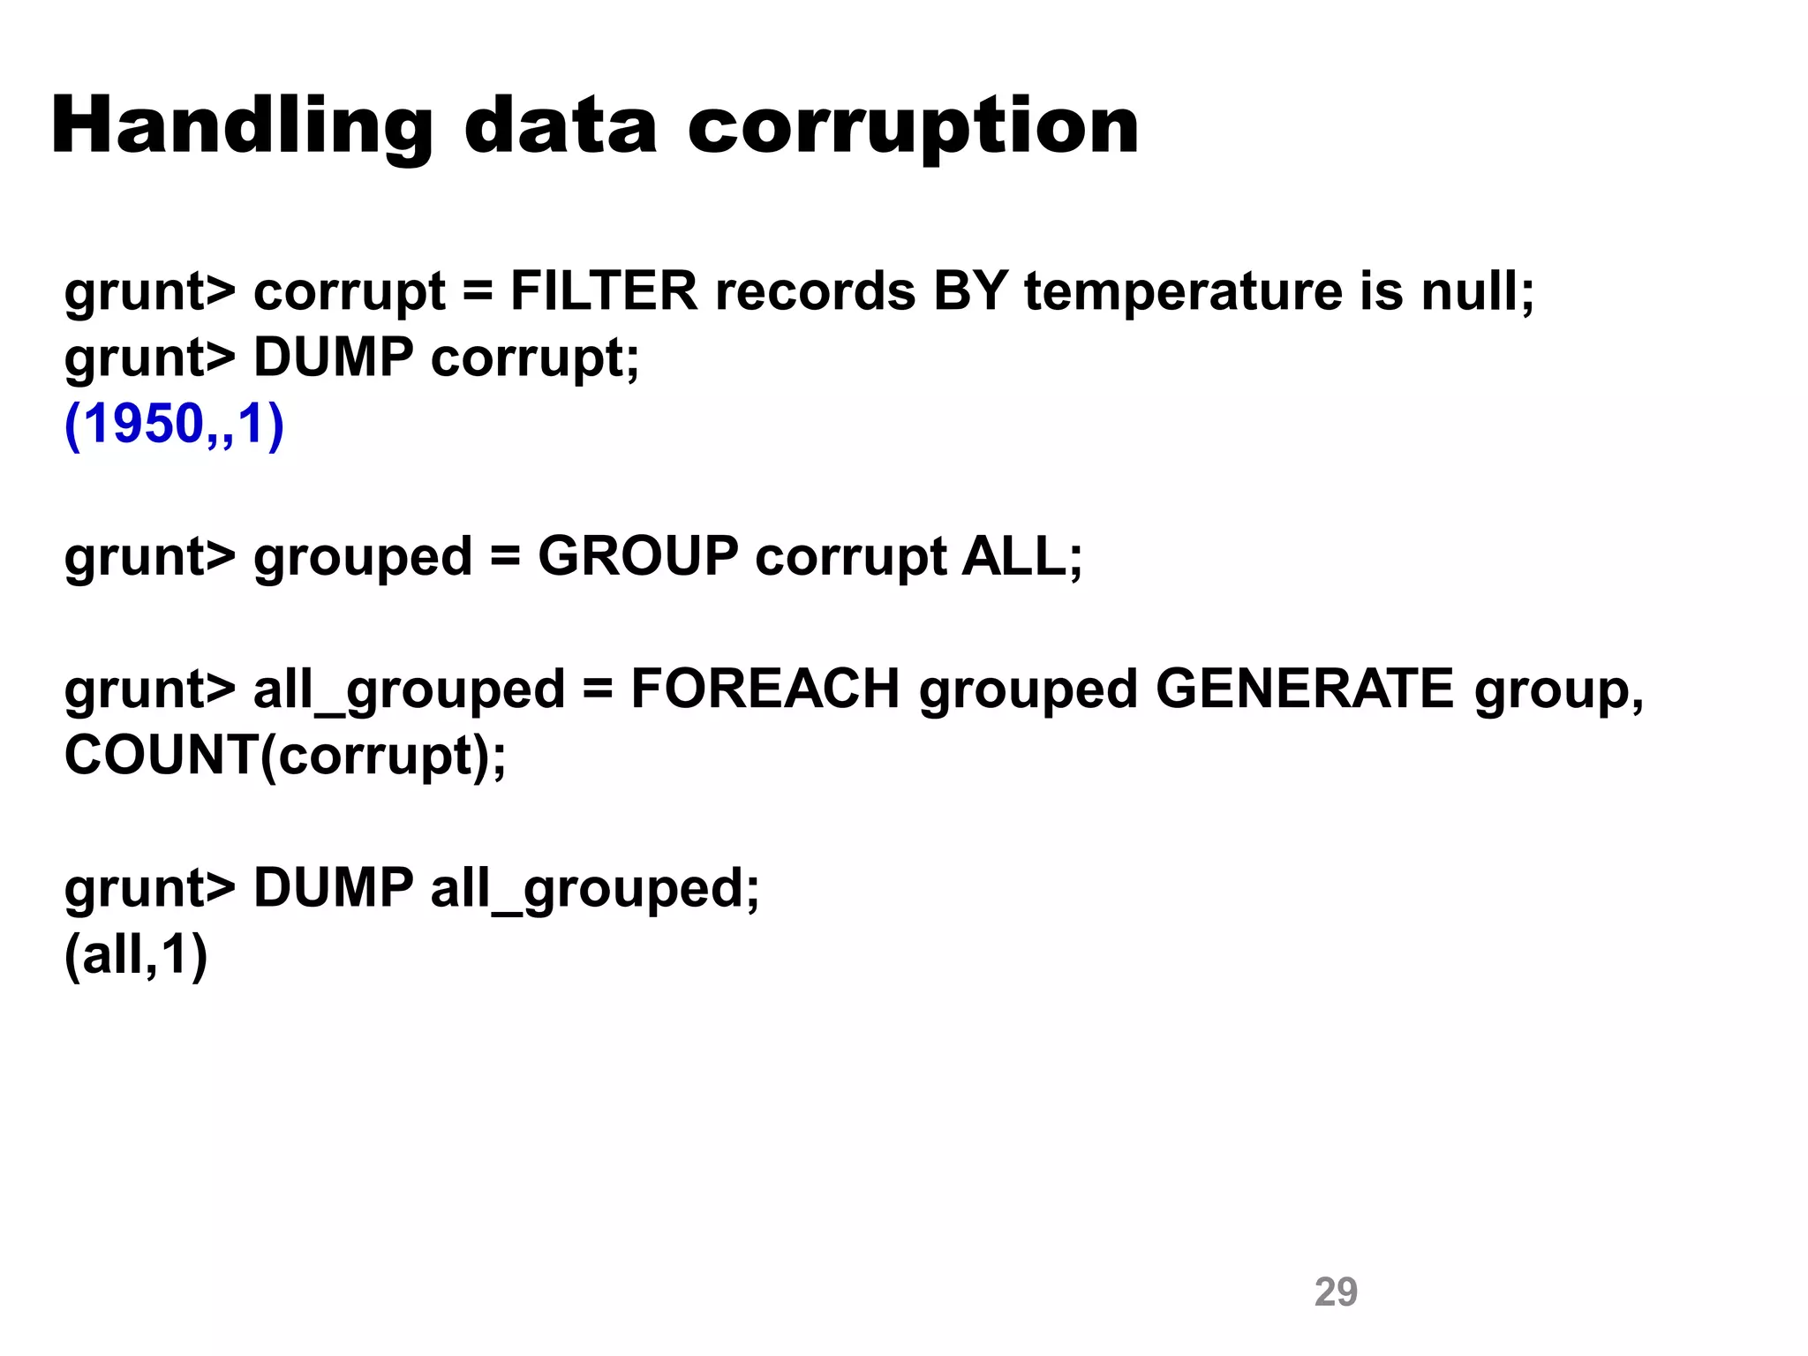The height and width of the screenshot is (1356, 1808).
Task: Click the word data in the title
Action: [561, 128]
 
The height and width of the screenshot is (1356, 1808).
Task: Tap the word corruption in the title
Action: [913, 128]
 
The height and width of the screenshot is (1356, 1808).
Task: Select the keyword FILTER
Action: [604, 291]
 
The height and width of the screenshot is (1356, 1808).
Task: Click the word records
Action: [815, 291]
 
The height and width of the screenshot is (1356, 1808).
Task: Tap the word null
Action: [1476, 291]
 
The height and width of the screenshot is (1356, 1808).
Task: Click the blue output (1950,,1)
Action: [174, 425]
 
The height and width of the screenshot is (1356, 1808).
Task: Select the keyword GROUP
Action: [637, 557]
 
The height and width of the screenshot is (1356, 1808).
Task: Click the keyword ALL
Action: [1021, 557]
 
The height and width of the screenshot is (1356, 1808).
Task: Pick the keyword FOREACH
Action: [765, 689]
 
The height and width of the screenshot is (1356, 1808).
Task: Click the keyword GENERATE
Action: [1304, 689]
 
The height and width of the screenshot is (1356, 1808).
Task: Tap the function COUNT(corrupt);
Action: [285, 757]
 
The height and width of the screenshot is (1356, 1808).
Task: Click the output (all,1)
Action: [136, 955]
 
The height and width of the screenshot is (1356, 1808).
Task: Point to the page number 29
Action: [1336, 1292]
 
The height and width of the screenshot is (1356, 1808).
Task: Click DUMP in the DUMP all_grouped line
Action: [333, 888]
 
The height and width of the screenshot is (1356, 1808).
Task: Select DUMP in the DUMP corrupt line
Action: [333, 358]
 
